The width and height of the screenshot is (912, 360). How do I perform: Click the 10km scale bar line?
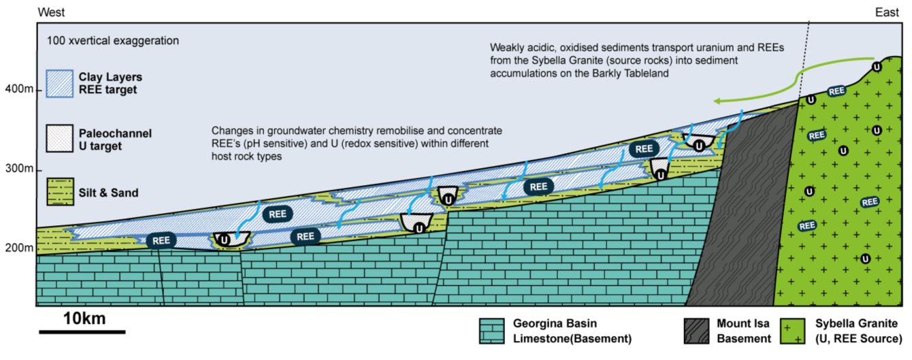point(82,332)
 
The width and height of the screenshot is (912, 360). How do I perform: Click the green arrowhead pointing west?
point(719,101)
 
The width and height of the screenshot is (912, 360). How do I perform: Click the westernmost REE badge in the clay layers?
point(161,240)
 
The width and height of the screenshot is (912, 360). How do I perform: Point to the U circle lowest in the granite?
point(865,258)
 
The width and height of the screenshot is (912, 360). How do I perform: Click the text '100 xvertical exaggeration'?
point(113,41)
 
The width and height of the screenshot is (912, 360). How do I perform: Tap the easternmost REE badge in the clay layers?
point(643,148)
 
